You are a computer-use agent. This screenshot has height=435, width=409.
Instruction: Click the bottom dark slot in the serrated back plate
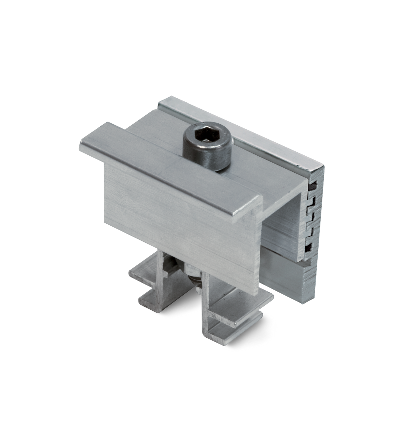click(x=309, y=247)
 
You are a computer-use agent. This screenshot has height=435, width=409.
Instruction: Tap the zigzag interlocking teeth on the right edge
click(x=313, y=215)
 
